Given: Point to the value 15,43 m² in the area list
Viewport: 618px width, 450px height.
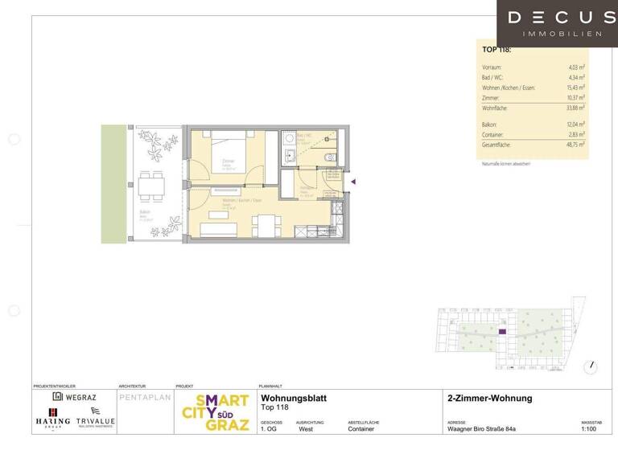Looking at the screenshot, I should click(x=575, y=87).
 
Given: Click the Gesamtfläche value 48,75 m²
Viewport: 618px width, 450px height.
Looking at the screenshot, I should click(x=575, y=144).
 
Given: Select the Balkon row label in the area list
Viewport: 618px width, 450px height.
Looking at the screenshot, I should click(x=489, y=125).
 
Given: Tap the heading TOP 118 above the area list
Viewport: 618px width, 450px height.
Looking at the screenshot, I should click(x=496, y=50).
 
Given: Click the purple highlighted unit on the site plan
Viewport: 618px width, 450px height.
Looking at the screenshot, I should click(x=503, y=331).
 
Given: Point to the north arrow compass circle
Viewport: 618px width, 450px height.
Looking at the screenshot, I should click(x=592, y=366).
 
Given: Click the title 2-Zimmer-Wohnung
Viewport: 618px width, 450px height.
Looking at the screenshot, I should click(x=488, y=399).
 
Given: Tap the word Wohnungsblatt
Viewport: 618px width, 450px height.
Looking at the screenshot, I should click(x=294, y=399).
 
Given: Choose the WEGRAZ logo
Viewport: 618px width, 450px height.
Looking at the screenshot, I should click(x=74, y=396).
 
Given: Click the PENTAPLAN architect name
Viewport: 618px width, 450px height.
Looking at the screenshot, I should click(x=145, y=398).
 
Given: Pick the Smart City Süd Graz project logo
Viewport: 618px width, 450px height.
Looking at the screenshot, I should click(x=212, y=412).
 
